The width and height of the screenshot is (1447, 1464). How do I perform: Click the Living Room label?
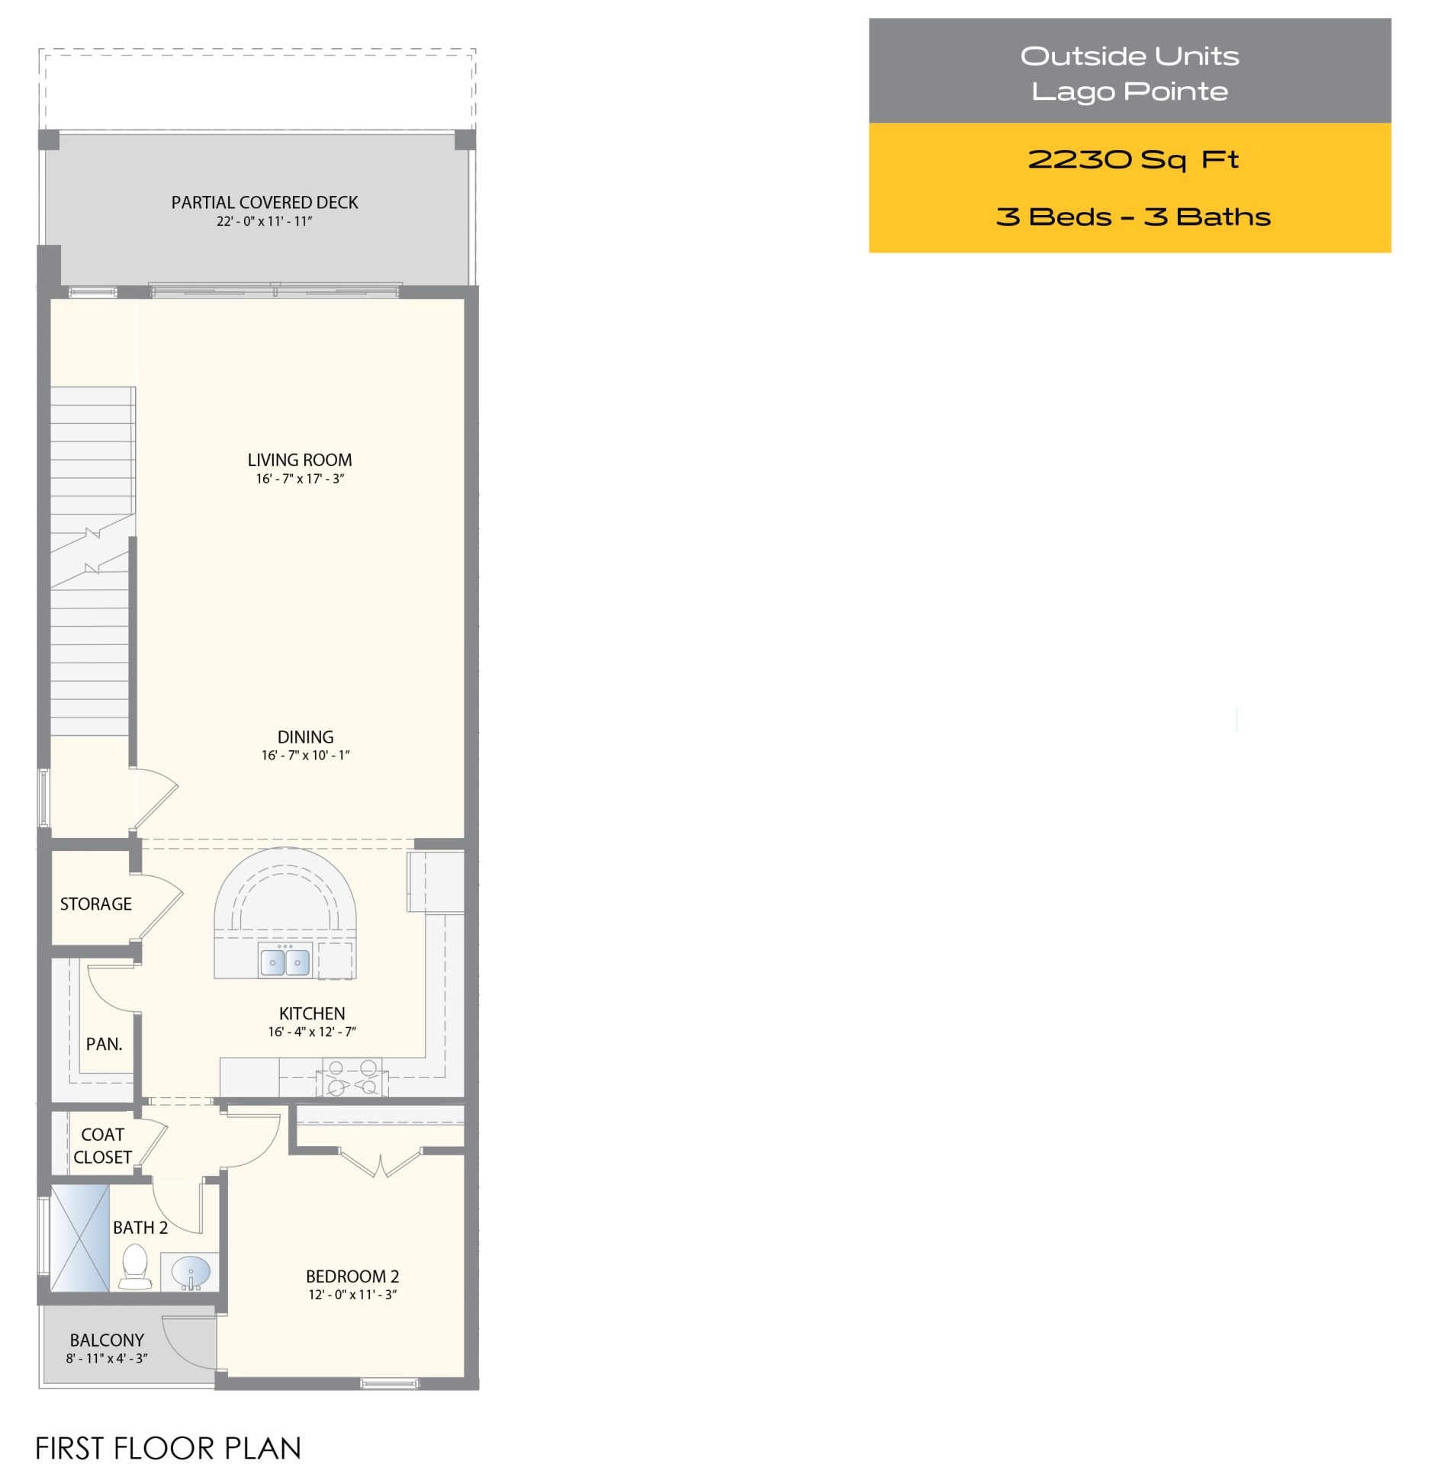click(300, 460)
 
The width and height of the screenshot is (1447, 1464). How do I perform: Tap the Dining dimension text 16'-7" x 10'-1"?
click(305, 755)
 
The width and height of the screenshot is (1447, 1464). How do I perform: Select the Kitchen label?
click(312, 1013)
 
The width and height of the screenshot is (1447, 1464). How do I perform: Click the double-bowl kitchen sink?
click(285, 961)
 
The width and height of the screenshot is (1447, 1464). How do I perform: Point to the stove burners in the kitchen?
click(352, 1077)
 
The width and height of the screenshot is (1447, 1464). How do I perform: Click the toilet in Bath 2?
click(135, 1267)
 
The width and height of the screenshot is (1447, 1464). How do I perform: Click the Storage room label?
click(96, 904)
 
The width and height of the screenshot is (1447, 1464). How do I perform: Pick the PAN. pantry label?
click(104, 1044)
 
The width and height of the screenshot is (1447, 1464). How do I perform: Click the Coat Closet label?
click(103, 1145)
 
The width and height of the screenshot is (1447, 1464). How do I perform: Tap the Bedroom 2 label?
click(352, 1276)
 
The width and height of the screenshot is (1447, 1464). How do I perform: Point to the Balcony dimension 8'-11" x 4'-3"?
click(107, 1358)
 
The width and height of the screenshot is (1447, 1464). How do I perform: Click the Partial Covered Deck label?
click(265, 202)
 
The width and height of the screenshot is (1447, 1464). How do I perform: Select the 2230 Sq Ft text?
click(1132, 160)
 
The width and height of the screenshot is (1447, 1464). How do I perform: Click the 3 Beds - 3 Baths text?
click(1133, 217)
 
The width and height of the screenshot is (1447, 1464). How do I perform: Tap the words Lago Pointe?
click(1130, 91)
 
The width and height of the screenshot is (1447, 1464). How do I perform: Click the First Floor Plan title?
click(169, 1448)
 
